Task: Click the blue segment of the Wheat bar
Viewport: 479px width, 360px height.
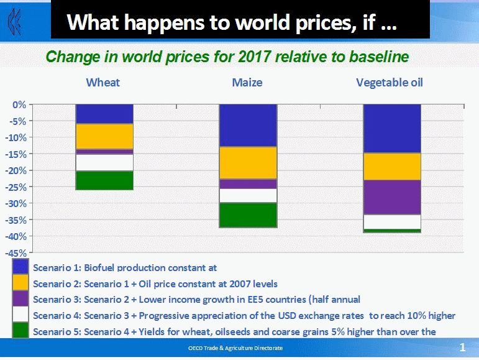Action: [x=104, y=114]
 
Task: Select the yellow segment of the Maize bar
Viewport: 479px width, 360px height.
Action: [x=248, y=163]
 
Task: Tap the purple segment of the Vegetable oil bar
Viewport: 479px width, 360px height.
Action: [x=392, y=197]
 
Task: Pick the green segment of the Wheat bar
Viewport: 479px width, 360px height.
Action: [x=104, y=180]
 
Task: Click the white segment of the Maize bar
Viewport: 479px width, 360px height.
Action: [x=248, y=196]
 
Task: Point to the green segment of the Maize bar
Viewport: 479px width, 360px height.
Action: [x=248, y=215]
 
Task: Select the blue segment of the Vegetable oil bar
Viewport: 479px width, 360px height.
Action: [x=392, y=129]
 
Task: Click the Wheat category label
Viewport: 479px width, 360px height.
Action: [x=103, y=83]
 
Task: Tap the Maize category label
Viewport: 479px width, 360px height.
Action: [x=247, y=83]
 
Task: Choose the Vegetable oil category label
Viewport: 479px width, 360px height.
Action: [x=390, y=83]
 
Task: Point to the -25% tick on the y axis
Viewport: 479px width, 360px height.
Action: [x=16, y=187]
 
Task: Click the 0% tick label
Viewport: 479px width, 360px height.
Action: [x=19, y=105]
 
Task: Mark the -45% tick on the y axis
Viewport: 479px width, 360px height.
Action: [x=16, y=253]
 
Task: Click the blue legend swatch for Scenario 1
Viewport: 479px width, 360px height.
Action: [x=21, y=267]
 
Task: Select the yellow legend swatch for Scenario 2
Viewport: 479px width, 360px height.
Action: [x=21, y=282]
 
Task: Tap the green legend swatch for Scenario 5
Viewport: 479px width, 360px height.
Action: [x=21, y=330]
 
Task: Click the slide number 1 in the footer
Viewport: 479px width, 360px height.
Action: [x=462, y=347]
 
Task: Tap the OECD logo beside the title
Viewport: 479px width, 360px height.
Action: [x=15, y=21]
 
